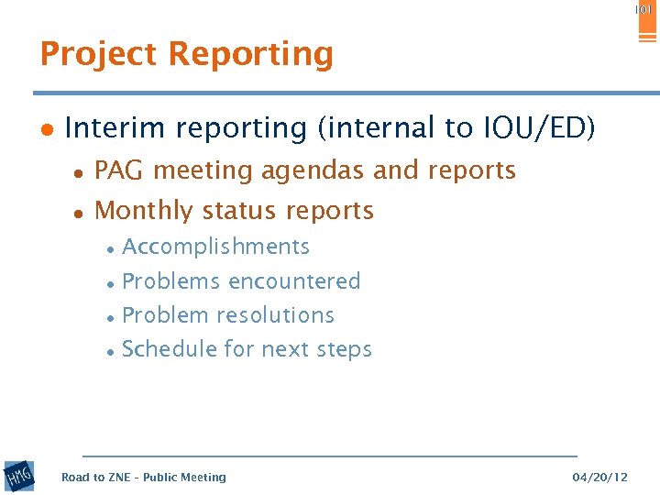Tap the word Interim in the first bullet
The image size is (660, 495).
click(109, 128)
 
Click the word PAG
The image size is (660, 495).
click(121, 170)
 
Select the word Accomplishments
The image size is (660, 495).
click(215, 247)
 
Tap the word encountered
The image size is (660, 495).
click(300, 281)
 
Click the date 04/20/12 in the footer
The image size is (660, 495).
click(599, 477)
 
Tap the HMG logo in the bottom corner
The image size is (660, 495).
click(18, 477)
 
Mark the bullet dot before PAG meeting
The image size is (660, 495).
click(80, 172)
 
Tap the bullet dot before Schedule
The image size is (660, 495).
click(109, 351)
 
